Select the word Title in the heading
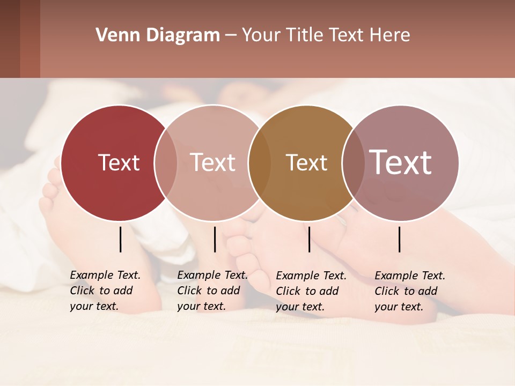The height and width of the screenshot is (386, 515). click(304, 35)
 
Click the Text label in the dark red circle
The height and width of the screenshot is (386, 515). click(119, 162)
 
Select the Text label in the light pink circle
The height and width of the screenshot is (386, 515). click(213, 162)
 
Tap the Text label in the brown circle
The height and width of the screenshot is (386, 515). click(306, 162)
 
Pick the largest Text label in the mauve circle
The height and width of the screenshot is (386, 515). click(401, 162)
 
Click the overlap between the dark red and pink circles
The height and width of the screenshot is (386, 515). click(166, 163)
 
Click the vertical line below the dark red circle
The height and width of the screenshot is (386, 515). click(121, 239)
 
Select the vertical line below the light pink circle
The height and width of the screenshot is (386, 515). click(215, 239)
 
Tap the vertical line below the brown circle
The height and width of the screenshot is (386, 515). click(309, 239)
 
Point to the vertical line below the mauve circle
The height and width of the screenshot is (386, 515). click(400, 239)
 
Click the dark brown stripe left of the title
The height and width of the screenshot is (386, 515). click(10, 39)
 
